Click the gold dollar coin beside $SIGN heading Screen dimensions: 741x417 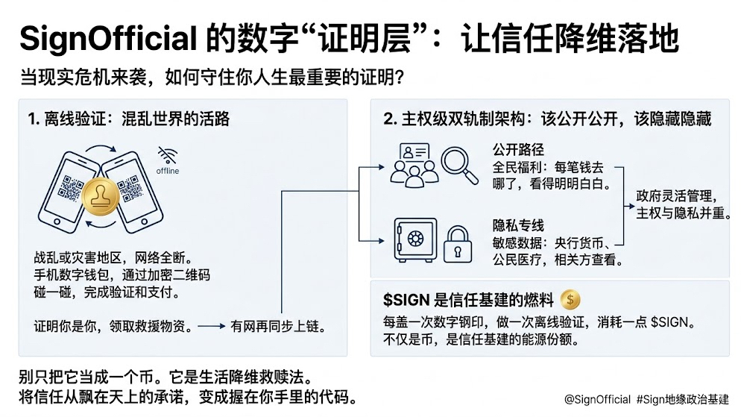(x=570, y=299)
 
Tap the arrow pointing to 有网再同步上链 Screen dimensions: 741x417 (x=212, y=326)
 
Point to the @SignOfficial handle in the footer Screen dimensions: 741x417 (x=596, y=399)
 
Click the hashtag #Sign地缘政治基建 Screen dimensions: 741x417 (x=683, y=399)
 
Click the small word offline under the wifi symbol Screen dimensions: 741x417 (x=167, y=171)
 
